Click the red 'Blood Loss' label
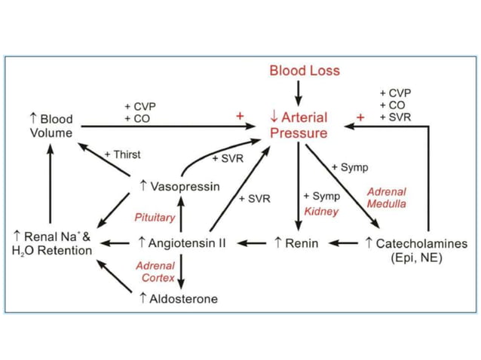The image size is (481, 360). pyautogui.click(x=305, y=71)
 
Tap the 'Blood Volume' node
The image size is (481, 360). pyautogui.click(x=51, y=126)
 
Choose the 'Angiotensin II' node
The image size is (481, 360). pyautogui.click(x=182, y=243)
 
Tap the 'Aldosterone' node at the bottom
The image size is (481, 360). pyautogui.click(x=179, y=299)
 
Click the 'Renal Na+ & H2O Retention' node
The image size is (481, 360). pyautogui.click(x=52, y=243)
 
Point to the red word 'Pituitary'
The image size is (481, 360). pyautogui.click(x=155, y=218)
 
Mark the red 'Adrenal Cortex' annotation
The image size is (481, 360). pyautogui.click(x=155, y=272)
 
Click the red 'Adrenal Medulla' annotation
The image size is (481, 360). pyautogui.click(x=386, y=197)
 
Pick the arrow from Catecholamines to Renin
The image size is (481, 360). pyautogui.click(x=345, y=243)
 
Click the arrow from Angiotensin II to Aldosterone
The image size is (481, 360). pyautogui.click(x=181, y=270)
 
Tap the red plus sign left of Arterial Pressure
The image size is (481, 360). pyautogui.click(x=240, y=117)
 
